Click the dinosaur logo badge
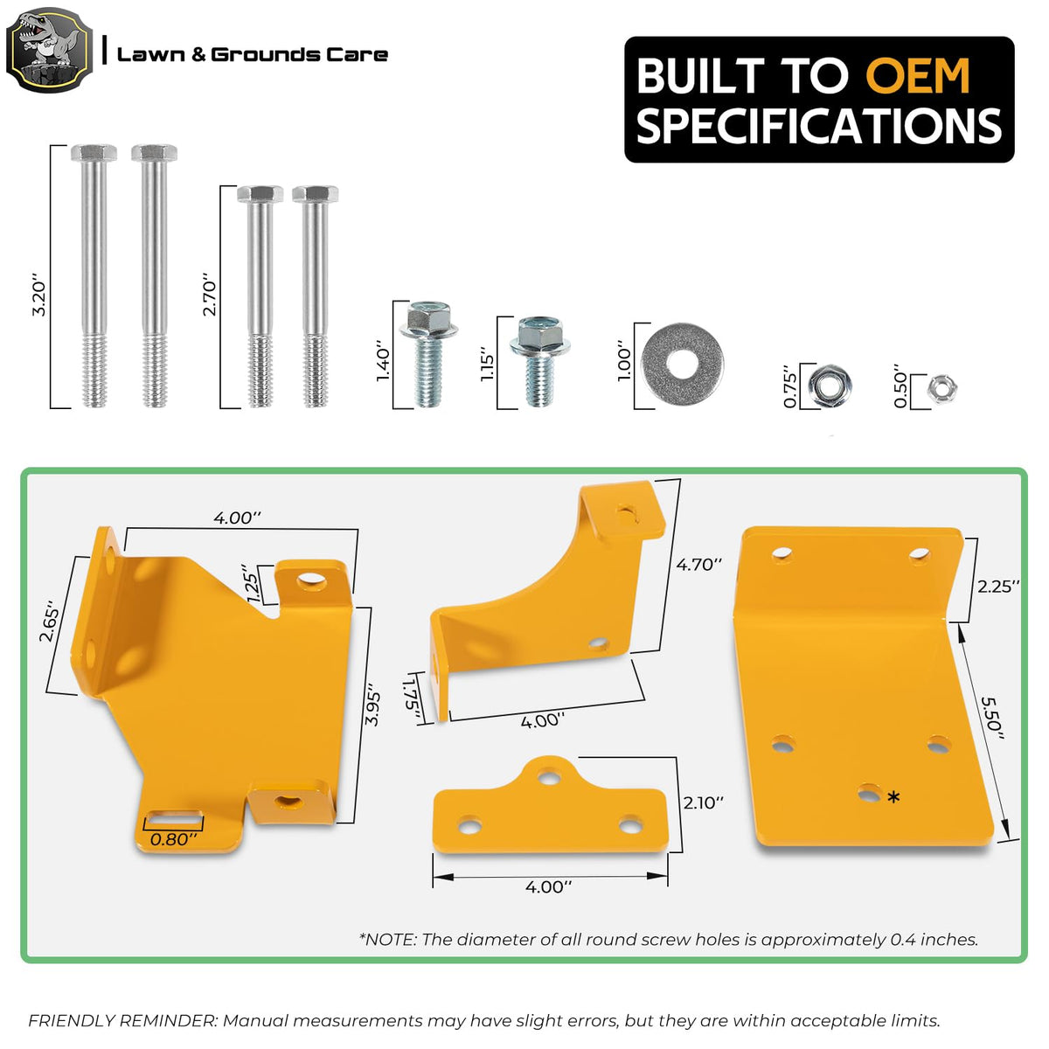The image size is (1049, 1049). (49, 50)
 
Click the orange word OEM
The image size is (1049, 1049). (917, 76)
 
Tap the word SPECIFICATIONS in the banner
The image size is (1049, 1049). (819, 125)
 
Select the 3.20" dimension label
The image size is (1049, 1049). (39, 295)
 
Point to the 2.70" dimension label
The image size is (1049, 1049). (209, 295)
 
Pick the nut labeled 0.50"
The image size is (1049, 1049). (941, 389)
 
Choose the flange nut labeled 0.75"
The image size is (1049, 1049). (830, 386)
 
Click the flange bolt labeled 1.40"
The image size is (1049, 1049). (427, 353)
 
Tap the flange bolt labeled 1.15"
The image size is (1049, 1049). (539, 361)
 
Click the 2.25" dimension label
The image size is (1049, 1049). (998, 587)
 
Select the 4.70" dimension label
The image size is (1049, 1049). (699, 565)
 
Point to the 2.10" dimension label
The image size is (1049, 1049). (704, 802)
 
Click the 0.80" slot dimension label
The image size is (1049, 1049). (173, 839)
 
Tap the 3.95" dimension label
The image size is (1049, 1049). (373, 709)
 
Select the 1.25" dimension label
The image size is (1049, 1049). (254, 584)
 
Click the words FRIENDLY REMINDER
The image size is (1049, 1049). (122, 1020)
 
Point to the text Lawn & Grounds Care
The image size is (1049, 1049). (253, 54)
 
